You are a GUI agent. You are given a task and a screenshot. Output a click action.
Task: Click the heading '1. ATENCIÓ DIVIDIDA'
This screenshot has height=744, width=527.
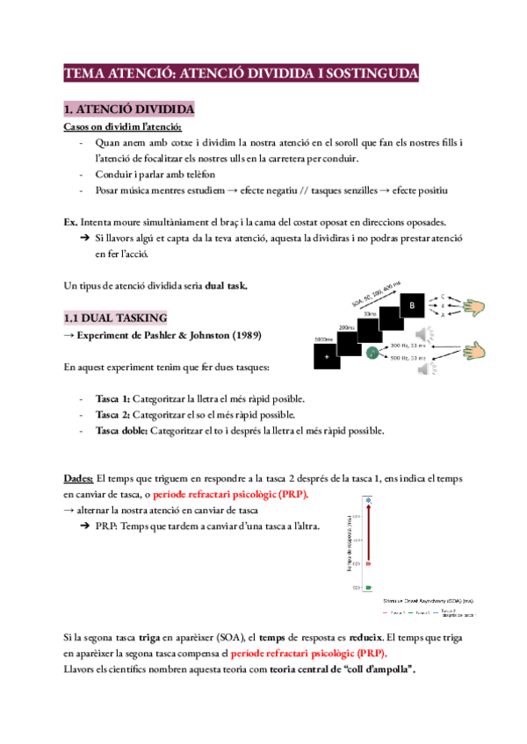pyautogui.click(x=128, y=109)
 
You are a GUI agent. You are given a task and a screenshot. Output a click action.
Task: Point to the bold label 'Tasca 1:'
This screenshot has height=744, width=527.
pyautogui.click(x=112, y=398)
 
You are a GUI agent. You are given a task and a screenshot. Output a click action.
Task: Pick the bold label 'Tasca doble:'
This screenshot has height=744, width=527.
pyautogui.click(x=122, y=430)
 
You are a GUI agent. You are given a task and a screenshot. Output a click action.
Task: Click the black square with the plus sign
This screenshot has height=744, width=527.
pyautogui.click(x=328, y=357)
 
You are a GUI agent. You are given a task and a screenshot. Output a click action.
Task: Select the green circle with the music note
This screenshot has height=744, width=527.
pyautogui.click(x=372, y=353)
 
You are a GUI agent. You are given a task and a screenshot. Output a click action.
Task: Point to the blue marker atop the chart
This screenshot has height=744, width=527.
pyautogui.click(x=369, y=501)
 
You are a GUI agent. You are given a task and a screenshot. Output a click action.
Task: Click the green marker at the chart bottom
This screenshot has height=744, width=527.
pyautogui.click(x=369, y=586)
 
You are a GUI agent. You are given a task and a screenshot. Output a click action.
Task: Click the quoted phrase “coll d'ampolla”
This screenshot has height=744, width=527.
pyautogui.click(x=372, y=669)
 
